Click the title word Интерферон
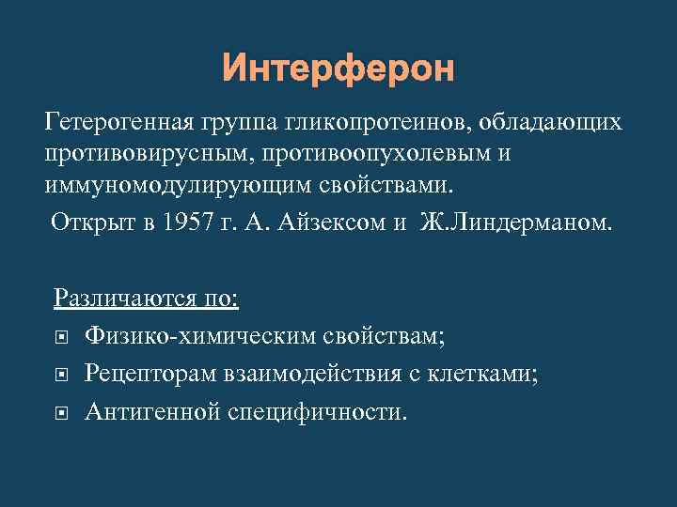[x=338, y=69]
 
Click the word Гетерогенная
[x=118, y=123]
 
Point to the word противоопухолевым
[x=375, y=153]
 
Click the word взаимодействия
[x=321, y=374]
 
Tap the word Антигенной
[x=151, y=411]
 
